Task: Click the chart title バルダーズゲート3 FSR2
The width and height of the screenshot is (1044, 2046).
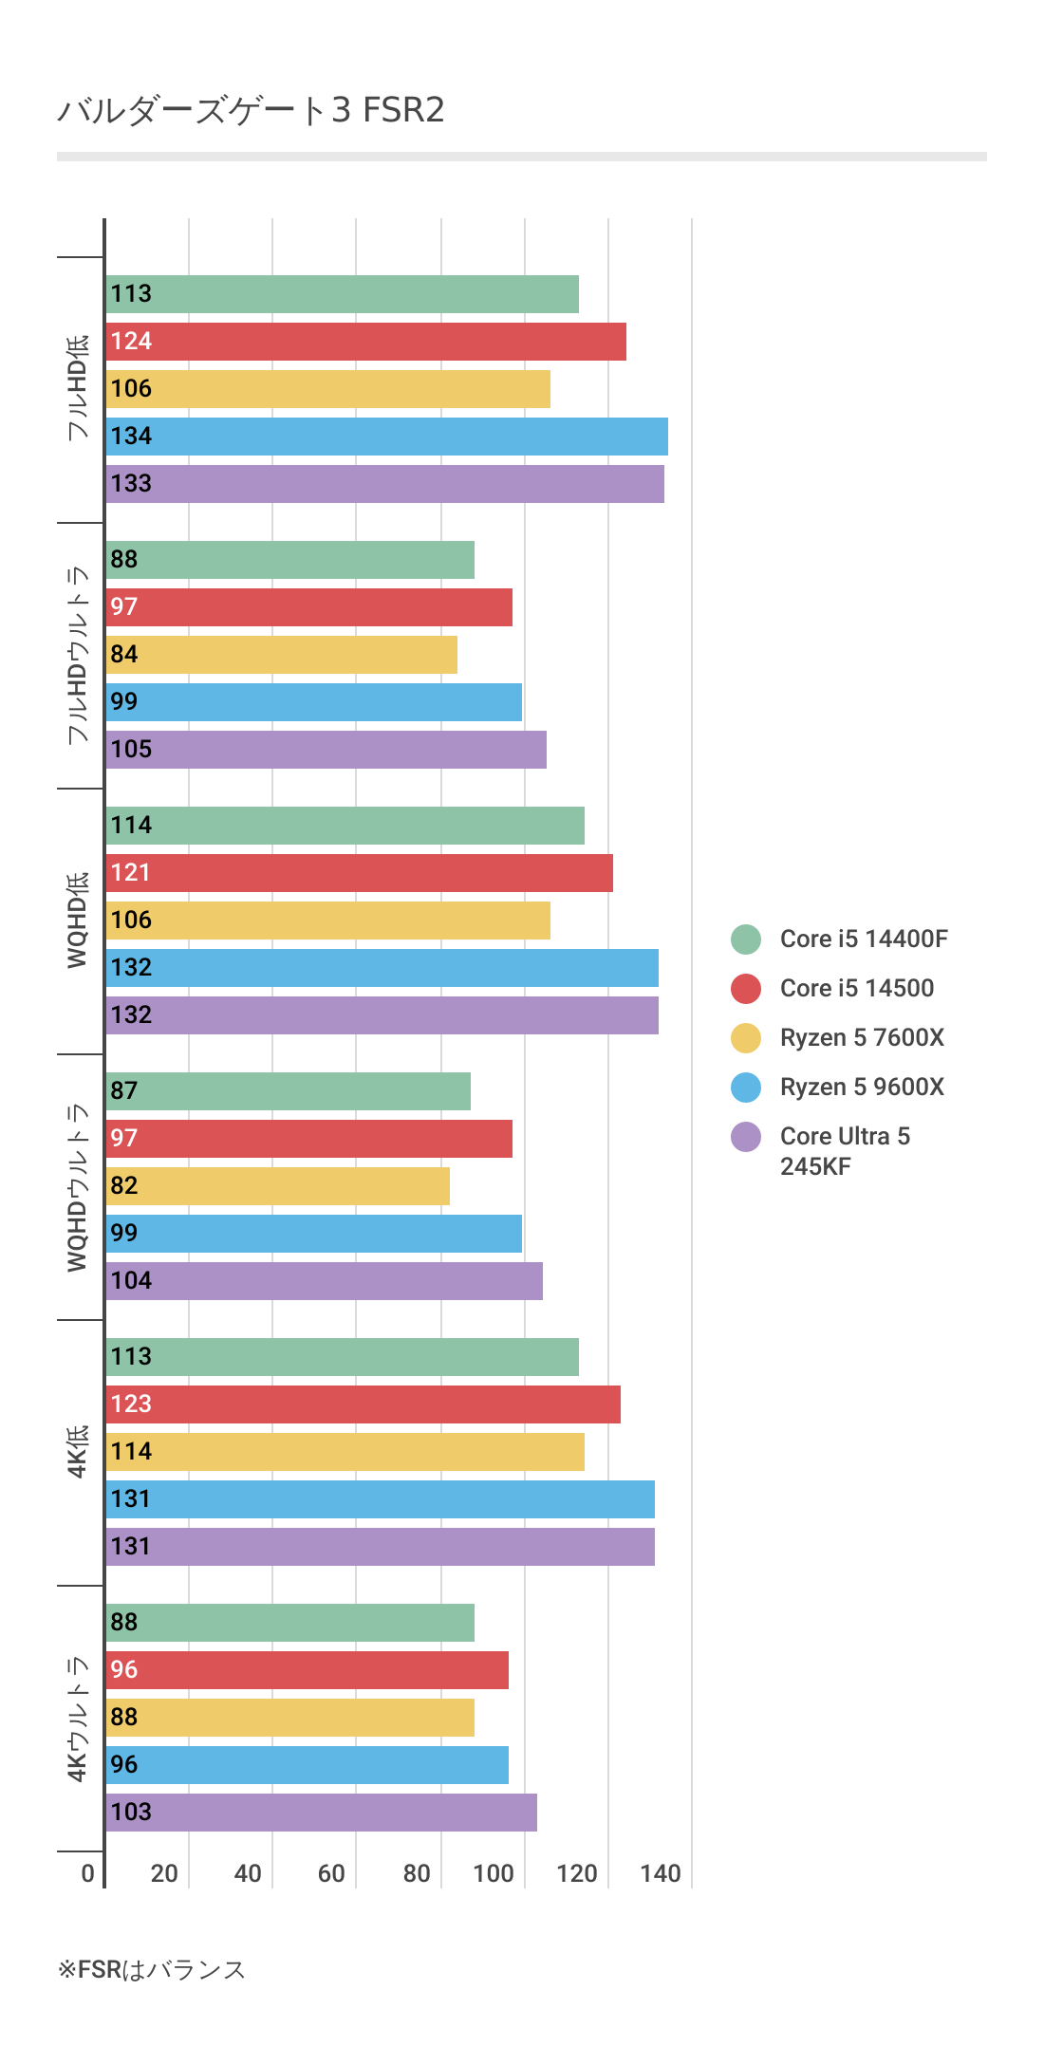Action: (x=251, y=111)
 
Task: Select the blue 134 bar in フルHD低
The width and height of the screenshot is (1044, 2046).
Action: (x=386, y=437)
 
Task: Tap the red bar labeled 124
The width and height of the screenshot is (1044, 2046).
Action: (x=365, y=342)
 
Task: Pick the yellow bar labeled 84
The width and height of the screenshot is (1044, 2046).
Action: (x=282, y=655)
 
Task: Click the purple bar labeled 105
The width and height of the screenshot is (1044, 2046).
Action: (x=326, y=750)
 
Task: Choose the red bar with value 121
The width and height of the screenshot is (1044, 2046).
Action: (x=359, y=873)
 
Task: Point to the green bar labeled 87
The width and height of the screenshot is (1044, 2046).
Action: (x=288, y=1091)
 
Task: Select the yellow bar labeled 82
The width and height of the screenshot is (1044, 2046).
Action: (x=277, y=1186)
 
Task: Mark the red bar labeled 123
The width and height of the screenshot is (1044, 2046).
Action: (x=363, y=1404)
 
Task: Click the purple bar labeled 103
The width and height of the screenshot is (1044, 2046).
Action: (x=321, y=1813)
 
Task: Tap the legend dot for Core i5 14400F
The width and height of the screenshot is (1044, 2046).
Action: (x=746, y=939)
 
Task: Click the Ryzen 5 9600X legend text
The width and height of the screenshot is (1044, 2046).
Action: (x=862, y=1088)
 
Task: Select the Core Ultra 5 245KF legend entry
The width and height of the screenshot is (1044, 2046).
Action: (x=844, y=1150)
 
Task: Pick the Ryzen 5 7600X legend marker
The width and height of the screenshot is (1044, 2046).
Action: (x=746, y=1038)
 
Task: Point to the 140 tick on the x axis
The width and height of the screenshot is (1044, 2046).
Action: (x=661, y=1873)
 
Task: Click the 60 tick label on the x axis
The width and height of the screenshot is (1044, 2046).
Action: (x=331, y=1873)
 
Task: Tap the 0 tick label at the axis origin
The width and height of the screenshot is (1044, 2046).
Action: (x=88, y=1873)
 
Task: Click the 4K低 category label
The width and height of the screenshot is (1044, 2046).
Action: (x=78, y=1452)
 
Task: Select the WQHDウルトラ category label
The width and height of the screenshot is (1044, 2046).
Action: (x=78, y=1187)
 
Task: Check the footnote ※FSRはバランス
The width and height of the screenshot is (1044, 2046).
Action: (x=152, y=1970)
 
